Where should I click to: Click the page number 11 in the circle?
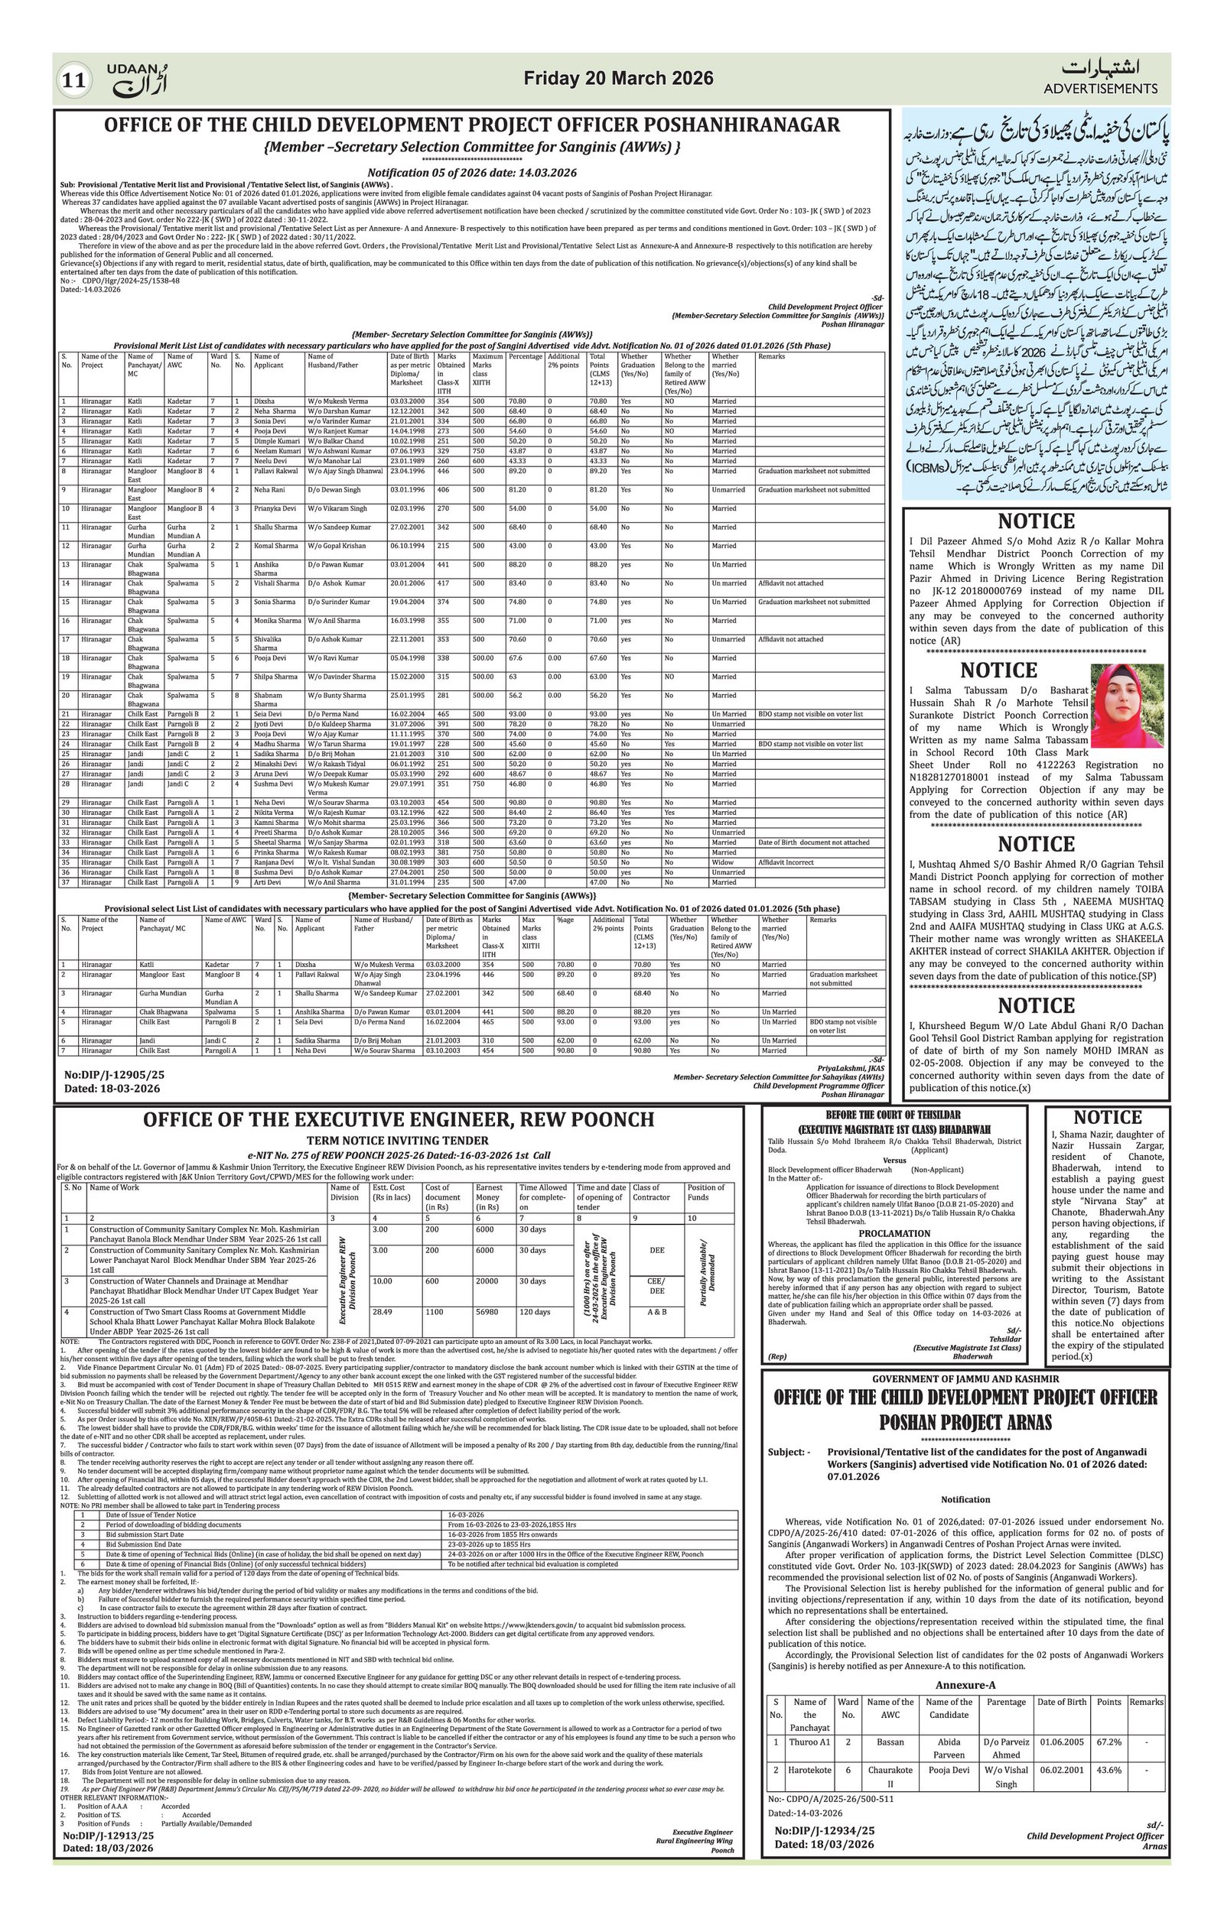74,80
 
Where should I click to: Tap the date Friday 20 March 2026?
618,78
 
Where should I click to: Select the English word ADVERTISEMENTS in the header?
1100,89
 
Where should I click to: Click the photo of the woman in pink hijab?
1127,706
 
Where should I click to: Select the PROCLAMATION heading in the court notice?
895,1233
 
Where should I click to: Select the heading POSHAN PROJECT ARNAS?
965,1422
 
